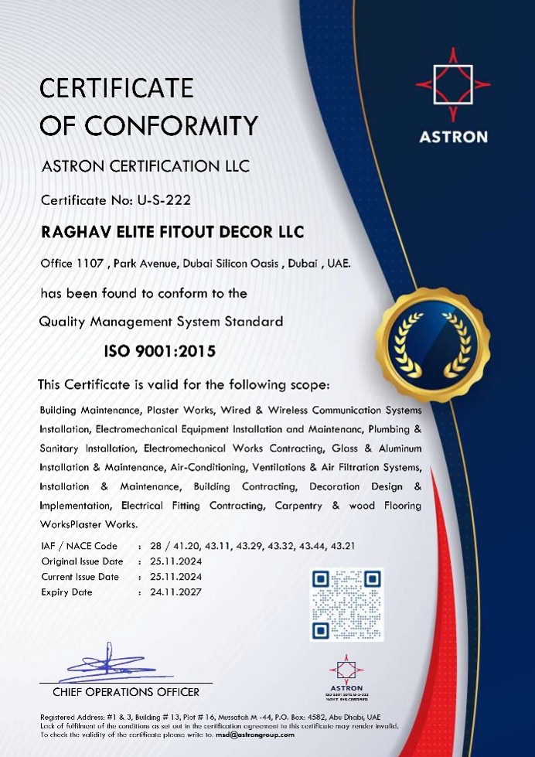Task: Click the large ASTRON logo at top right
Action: pyautogui.click(x=453, y=97)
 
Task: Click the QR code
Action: pyautogui.click(x=346, y=605)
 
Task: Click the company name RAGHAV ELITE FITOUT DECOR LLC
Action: pyautogui.click(x=172, y=232)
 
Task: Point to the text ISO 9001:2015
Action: pyautogui.click(x=160, y=352)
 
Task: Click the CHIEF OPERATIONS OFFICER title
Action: pyautogui.click(x=125, y=692)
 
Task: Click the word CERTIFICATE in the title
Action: pyautogui.click(x=117, y=88)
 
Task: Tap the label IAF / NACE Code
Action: pyautogui.click(x=79, y=546)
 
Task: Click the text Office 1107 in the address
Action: pyautogui.click(x=72, y=264)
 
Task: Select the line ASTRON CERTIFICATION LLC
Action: pyautogui.click(x=145, y=166)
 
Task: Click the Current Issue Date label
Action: pyautogui.click(x=80, y=577)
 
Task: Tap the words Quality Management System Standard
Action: pyautogui.click(x=161, y=321)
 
